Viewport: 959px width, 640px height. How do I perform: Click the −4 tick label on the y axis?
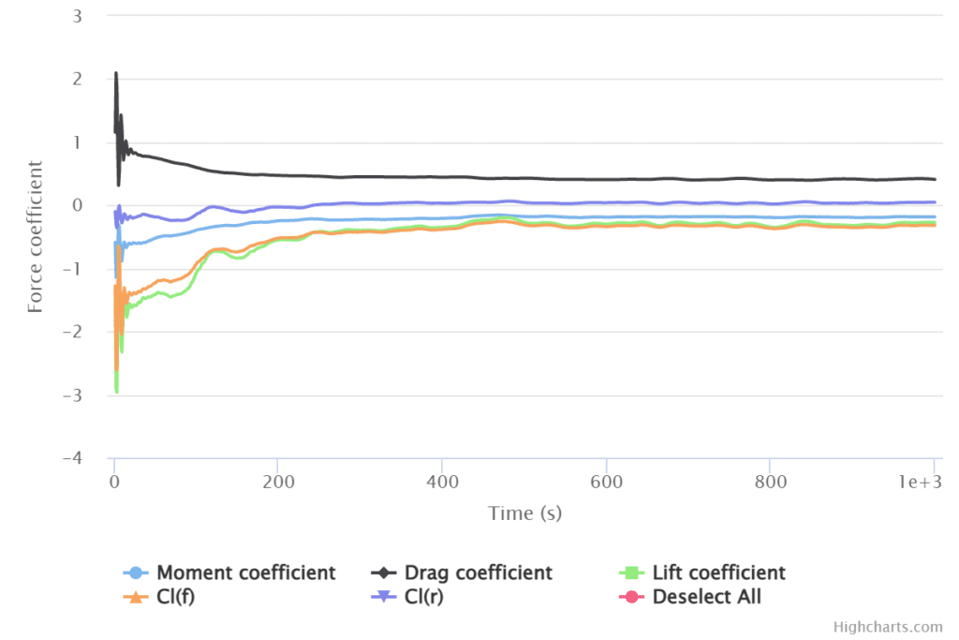[x=72, y=458]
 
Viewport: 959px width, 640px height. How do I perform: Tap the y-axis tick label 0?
[x=77, y=205]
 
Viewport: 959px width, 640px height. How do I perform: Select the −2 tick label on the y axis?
[x=72, y=332]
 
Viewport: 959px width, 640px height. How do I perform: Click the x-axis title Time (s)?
[x=524, y=513]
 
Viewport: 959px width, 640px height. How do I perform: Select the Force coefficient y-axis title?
[x=36, y=236]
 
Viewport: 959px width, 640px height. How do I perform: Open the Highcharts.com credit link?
[x=888, y=626]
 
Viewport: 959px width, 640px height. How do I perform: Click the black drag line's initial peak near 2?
[x=115, y=73]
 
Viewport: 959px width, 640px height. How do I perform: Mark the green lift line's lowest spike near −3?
[x=116, y=391]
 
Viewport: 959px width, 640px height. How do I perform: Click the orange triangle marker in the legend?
[x=137, y=596]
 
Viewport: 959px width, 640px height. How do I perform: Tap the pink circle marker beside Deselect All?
[x=632, y=596]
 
